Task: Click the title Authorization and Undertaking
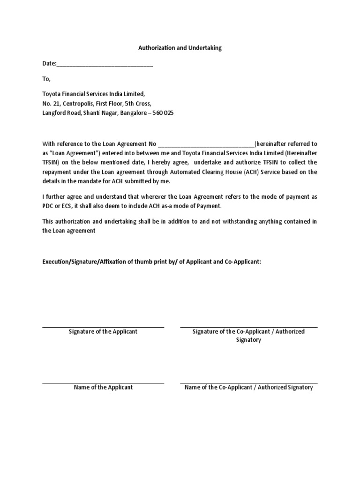pyautogui.click(x=180, y=48)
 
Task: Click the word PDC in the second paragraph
pyautogui.click(x=48, y=206)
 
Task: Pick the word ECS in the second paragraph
pyautogui.click(x=67, y=206)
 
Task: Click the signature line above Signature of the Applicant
pyautogui.click(x=103, y=327)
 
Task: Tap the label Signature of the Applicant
pyautogui.click(x=103, y=331)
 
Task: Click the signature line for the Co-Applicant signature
pyautogui.click(x=248, y=327)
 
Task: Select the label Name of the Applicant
pyautogui.click(x=103, y=387)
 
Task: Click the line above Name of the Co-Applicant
pyautogui.click(x=248, y=383)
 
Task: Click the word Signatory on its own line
pyautogui.click(x=248, y=340)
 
